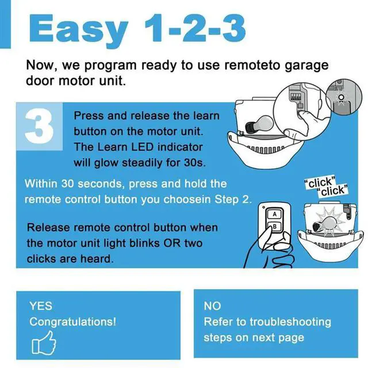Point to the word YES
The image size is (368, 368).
click(40, 306)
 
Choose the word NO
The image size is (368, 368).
click(212, 306)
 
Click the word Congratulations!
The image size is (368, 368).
click(72, 322)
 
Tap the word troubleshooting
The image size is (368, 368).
click(290, 322)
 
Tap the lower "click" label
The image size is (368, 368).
click(333, 190)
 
